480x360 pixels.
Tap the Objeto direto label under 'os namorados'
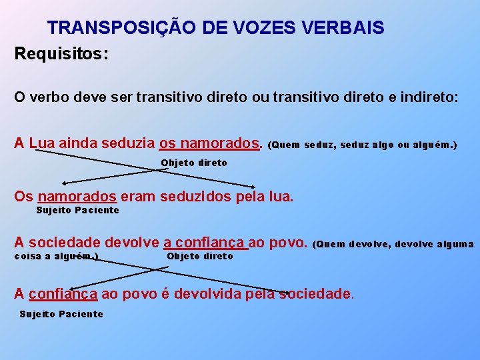(194, 163)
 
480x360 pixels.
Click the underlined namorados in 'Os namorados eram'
(77, 197)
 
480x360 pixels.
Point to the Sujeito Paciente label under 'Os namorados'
(77, 211)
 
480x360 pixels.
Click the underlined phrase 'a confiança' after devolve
(205, 243)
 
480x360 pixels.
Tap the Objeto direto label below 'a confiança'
(200, 257)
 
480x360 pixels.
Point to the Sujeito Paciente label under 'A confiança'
(61, 314)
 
